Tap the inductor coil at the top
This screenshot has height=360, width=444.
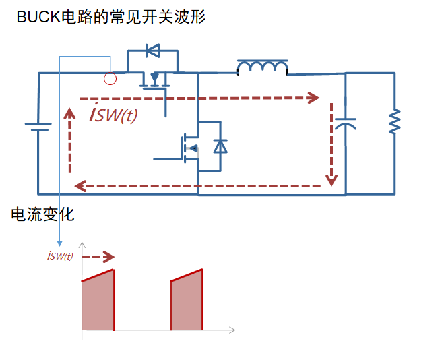[x=262, y=67]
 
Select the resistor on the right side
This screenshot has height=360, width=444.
[x=394, y=122]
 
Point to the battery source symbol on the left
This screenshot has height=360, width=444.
[x=38, y=126]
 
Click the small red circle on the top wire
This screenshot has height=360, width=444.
[x=110, y=79]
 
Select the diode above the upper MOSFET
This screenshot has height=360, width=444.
[x=153, y=51]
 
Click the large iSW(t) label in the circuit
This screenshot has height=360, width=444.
[x=113, y=114]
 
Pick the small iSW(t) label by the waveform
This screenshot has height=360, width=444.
[x=60, y=256]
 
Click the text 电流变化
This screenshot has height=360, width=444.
[x=42, y=215]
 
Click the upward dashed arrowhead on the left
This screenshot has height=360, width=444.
[x=69, y=112]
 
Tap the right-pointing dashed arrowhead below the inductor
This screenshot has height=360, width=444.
[x=313, y=98]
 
